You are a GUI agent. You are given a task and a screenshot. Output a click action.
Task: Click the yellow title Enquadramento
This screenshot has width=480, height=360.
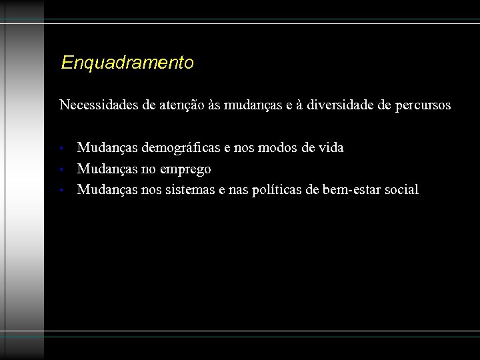[x=127, y=63]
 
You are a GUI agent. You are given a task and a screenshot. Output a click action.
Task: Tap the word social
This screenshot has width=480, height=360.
[x=401, y=190]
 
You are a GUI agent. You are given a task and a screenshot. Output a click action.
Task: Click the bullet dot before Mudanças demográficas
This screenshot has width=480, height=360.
[x=61, y=149]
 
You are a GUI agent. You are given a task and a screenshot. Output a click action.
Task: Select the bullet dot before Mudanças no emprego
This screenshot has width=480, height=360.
[x=61, y=169]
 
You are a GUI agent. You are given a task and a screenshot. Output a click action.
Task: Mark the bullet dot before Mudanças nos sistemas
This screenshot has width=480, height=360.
[x=61, y=191]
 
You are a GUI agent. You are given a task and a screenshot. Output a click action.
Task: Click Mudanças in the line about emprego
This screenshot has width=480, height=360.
[x=106, y=169]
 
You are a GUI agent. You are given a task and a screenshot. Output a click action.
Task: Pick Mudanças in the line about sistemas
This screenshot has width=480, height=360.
[x=106, y=190]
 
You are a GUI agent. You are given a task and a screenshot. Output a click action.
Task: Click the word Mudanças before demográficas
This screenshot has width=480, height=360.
[x=106, y=147]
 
